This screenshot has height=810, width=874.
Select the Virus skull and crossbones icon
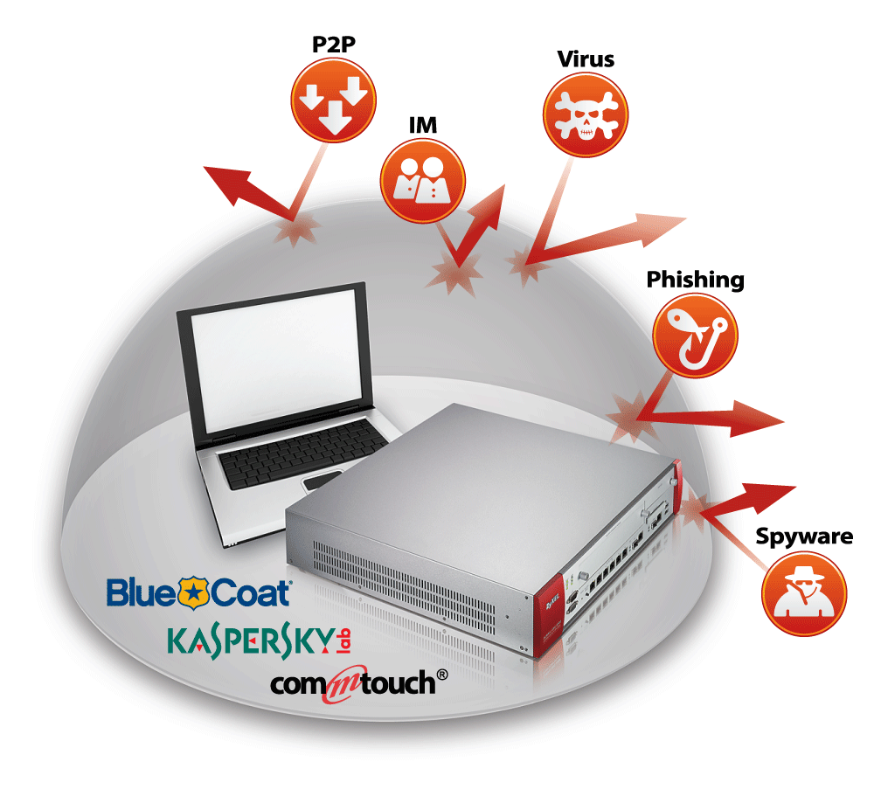[x=586, y=114]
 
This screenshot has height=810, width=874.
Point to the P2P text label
[x=333, y=45]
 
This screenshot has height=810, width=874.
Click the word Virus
[x=586, y=59]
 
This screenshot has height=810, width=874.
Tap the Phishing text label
[x=695, y=280]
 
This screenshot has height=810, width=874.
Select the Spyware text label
[x=804, y=536]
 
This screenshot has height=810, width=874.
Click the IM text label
[x=423, y=126]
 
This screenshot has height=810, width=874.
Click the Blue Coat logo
[x=198, y=592]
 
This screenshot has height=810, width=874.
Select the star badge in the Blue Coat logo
[x=189, y=593]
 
